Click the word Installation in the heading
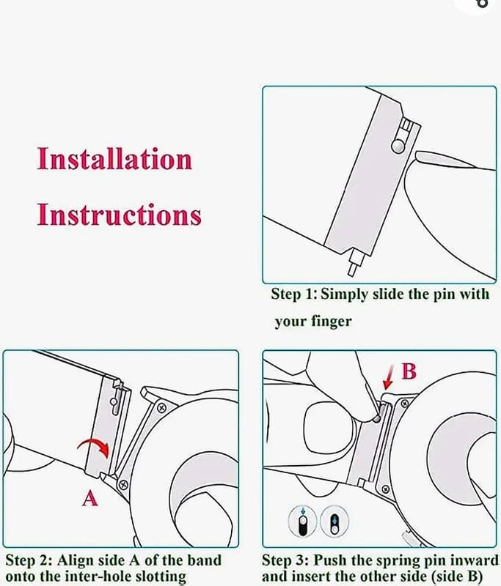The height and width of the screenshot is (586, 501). click(x=114, y=159)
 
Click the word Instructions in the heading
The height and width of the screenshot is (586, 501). click(x=119, y=215)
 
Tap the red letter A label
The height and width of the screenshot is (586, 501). click(x=89, y=498)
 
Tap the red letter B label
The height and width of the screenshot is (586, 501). click(x=409, y=371)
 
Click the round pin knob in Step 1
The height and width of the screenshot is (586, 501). click(x=398, y=145)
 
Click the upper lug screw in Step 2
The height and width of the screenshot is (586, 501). click(x=161, y=408)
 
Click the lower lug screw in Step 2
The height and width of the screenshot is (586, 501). click(x=123, y=485)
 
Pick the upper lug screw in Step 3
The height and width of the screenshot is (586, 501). click(x=404, y=404)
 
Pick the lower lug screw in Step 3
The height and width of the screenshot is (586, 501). click(x=385, y=489)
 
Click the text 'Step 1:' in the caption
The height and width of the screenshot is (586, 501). click(x=294, y=294)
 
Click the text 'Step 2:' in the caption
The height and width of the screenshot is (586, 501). click(x=29, y=560)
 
